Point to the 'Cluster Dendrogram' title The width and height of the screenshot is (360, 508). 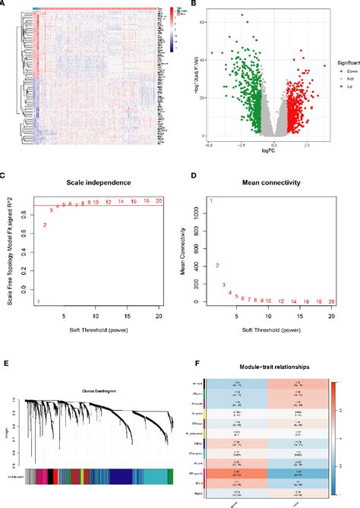point(93,391)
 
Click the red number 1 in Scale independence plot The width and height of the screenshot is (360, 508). point(38,302)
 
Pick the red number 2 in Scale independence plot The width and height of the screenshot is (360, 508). point(45,225)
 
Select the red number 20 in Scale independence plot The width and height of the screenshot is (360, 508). point(158,201)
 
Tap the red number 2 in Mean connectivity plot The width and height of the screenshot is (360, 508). point(217,265)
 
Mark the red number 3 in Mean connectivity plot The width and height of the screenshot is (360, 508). point(224,286)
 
